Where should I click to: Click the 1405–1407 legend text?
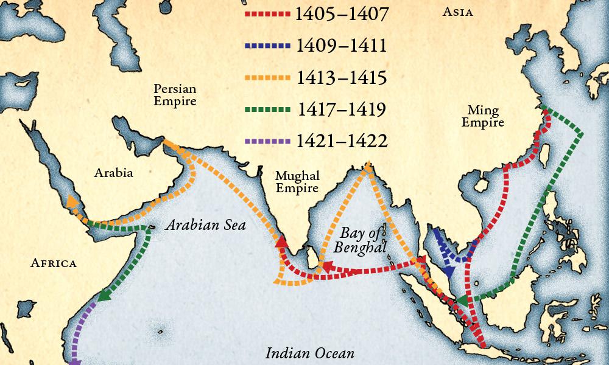(x=341, y=14)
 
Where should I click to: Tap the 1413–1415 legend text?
(x=341, y=77)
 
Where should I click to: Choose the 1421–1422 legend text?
(x=341, y=142)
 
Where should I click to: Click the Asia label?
(x=457, y=12)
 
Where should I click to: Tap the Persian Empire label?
(x=175, y=95)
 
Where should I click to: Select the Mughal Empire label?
(x=297, y=182)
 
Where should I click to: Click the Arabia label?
(x=113, y=173)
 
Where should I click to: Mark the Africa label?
(x=54, y=263)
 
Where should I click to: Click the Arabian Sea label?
(x=205, y=226)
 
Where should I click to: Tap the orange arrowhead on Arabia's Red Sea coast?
(x=72, y=202)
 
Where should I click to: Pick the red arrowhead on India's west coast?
(x=281, y=242)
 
